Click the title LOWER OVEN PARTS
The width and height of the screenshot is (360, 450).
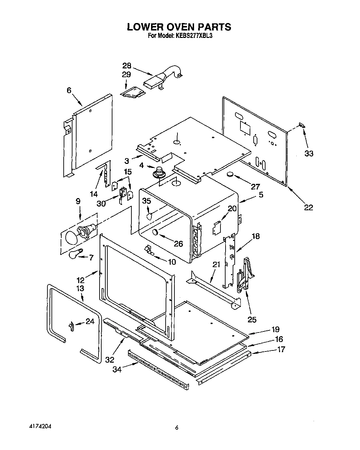click(x=179, y=27)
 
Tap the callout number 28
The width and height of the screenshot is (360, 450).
click(x=127, y=66)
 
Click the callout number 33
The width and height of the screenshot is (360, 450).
click(x=308, y=153)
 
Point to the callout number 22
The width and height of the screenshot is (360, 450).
click(x=308, y=207)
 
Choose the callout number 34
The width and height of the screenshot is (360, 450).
click(x=117, y=370)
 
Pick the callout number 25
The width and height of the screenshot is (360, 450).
click(x=252, y=319)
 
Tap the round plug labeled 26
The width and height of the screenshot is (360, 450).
click(x=155, y=232)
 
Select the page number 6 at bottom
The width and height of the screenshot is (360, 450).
click(x=176, y=427)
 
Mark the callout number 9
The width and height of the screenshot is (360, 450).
click(x=78, y=201)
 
